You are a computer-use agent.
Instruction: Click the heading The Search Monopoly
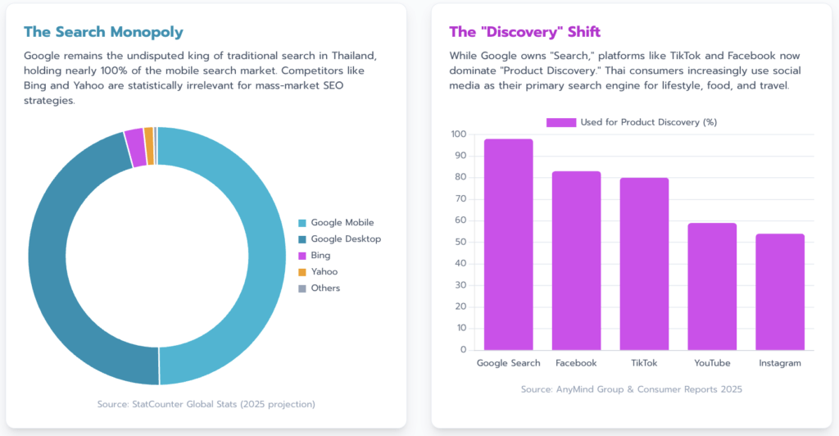(103, 32)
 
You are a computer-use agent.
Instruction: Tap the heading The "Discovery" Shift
(524, 32)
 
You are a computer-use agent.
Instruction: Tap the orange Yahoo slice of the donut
(148, 134)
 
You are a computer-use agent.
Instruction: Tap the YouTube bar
(712, 286)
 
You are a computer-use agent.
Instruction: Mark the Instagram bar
(780, 292)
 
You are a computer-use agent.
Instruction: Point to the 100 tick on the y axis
(458, 134)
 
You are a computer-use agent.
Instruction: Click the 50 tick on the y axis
(460, 242)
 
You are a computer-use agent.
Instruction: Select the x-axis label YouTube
(712, 363)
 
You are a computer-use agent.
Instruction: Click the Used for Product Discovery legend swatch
(561, 122)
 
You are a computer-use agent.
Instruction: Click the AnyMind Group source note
(632, 389)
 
